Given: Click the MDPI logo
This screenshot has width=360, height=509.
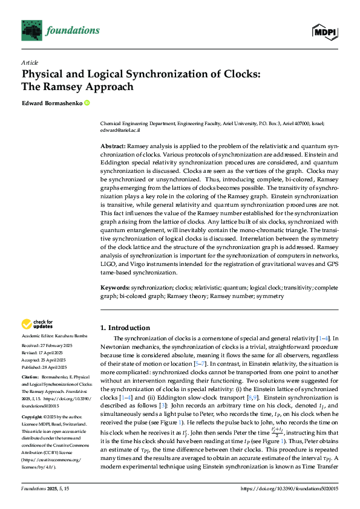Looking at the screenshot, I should (x=324, y=31).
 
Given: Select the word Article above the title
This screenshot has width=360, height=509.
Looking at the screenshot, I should (x=30, y=62).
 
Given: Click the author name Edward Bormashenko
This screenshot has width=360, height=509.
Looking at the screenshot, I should (x=52, y=103).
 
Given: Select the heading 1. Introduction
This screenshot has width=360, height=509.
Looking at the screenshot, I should (x=125, y=327).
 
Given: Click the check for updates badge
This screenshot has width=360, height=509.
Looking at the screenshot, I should (x=37, y=325).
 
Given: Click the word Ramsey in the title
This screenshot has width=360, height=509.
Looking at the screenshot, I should (x=61, y=86).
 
